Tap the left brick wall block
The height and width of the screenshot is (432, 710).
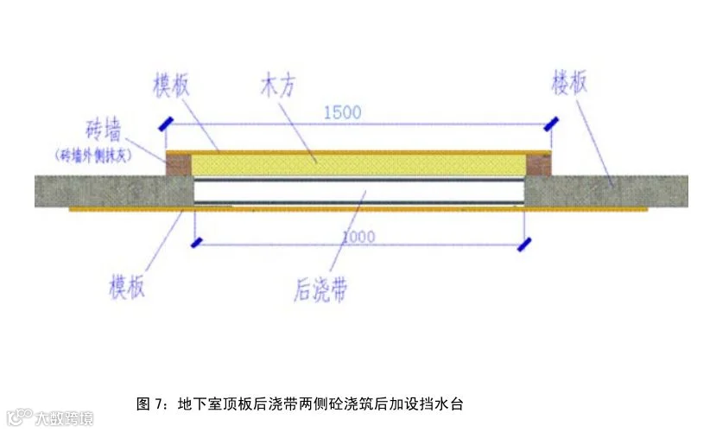point(178,164)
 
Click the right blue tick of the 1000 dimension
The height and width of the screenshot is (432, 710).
point(522,245)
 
